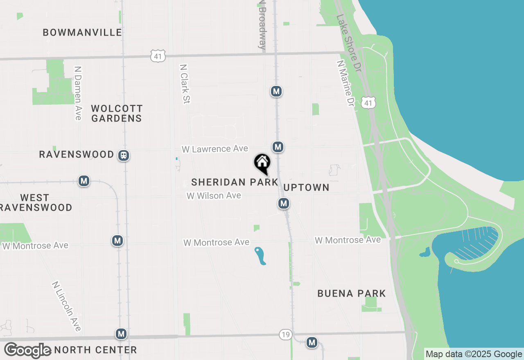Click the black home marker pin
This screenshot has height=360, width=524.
point(262,163)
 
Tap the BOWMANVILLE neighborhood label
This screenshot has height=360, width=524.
point(82,32)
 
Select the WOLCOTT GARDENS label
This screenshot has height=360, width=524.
point(117,113)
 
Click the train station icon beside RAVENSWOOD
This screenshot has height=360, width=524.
point(123,155)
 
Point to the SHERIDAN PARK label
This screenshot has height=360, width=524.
point(235,182)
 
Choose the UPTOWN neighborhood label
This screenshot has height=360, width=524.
point(306,187)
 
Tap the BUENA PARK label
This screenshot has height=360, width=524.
point(352,293)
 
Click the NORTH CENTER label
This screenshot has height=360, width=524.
point(95,350)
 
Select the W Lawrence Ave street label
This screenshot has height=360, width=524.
point(215,149)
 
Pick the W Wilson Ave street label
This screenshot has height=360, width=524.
point(214,196)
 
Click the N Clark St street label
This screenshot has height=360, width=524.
point(185,83)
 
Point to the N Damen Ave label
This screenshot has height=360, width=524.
point(78,93)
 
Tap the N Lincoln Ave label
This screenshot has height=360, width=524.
point(67,306)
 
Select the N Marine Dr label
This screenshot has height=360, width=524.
point(345,83)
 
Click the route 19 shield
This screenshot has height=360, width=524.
point(286,335)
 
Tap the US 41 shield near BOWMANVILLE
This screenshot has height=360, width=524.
point(158,56)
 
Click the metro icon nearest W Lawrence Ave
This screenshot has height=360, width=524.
point(278,147)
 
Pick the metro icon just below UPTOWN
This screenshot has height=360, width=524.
point(283,203)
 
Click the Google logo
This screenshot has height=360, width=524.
point(28,351)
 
